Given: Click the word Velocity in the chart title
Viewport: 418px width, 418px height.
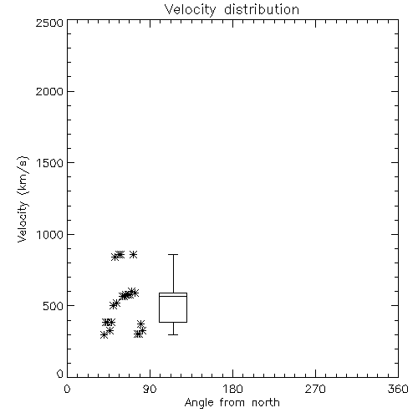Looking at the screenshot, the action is (x=191, y=10).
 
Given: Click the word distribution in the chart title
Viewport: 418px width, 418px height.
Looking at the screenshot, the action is (x=262, y=9).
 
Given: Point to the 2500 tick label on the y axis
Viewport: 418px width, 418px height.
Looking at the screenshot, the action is (x=49, y=23).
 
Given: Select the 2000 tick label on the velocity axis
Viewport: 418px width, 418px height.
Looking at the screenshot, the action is (x=49, y=91).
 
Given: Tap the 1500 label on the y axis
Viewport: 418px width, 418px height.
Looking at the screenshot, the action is (x=50, y=163).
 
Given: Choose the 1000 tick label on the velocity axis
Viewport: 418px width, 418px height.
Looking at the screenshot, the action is (x=50, y=235).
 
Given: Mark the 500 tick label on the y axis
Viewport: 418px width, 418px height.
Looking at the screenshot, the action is (x=54, y=306).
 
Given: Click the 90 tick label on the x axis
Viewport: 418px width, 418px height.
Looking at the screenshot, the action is (x=150, y=389).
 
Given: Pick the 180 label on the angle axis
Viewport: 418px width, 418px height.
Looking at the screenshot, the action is (x=232, y=389).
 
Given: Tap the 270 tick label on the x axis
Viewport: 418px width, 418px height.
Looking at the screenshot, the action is (x=315, y=389).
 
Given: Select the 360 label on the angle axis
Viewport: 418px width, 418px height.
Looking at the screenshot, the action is (x=398, y=389).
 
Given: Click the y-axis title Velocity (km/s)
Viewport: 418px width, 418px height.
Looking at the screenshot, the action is (x=23, y=199).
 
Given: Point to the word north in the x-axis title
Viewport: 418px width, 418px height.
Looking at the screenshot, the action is (x=266, y=403).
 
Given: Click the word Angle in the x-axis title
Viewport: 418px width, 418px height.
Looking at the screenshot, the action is (x=199, y=403).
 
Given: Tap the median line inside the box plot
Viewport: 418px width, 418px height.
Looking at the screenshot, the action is (x=173, y=296).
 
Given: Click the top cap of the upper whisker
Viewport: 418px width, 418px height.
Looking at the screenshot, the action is (x=173, y=254).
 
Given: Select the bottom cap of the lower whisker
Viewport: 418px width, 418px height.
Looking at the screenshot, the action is (x=173, y=334).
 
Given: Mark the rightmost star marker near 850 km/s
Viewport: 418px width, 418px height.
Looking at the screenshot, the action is (x=133, y=254).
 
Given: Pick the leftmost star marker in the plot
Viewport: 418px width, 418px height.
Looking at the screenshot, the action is (x=104, y=335).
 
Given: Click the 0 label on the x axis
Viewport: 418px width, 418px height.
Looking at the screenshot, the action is (x=67, y=389).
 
